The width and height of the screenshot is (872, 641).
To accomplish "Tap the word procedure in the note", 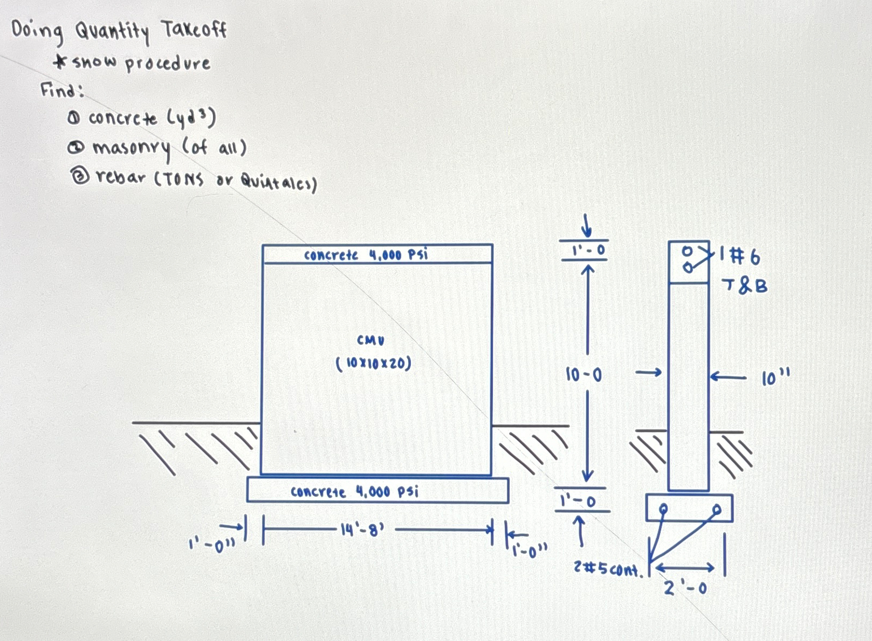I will click(168, 64).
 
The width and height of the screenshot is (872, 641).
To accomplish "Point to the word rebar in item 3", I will click(121, 177).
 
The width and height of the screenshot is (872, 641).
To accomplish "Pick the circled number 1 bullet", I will click(74, 119).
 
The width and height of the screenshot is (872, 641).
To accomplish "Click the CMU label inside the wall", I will click(370, 340).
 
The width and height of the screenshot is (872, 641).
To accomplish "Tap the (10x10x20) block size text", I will click(373, 364).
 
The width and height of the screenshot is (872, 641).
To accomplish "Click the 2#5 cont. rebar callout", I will click(608, 569).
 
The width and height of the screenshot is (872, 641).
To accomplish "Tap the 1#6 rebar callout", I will click(740, 256).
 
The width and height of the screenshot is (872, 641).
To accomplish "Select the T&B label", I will click(744, 285).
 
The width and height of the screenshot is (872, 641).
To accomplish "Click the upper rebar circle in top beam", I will click(687, 251).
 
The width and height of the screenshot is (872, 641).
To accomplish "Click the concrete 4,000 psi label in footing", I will click(354, 491).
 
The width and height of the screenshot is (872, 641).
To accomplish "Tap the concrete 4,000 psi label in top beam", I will click(366, 254).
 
